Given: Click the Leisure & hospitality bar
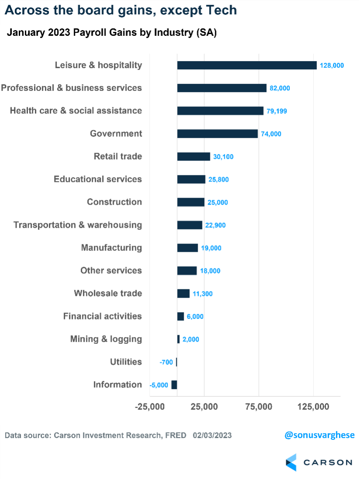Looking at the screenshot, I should pos(247,65).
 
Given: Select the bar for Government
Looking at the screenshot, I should pos(217,134).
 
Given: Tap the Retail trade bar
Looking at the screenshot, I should pos(193,156).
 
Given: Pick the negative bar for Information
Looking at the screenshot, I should pos(174,384).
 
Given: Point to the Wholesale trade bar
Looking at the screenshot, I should pos(183,293).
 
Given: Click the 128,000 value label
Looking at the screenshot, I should pos(332,65).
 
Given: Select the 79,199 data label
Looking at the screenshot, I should pos(277,111).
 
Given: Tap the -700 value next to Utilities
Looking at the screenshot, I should pos(166,362).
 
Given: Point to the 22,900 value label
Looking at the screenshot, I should pos(216,225).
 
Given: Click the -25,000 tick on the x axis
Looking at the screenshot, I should pos(150,407).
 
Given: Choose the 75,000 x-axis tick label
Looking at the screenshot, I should pos(259,407).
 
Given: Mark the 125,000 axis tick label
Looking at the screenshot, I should pos(313,407).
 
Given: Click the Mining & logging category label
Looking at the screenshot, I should pos(106,339).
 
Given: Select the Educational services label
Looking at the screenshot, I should pos(98,179).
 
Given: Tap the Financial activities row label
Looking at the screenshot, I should pos(103,316).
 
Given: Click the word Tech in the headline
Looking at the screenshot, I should pos(222,10).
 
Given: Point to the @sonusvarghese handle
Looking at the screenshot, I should pos(319,435).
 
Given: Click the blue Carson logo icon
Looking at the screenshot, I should pos(291,462).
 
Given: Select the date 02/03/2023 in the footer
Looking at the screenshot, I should pos(212,435).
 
